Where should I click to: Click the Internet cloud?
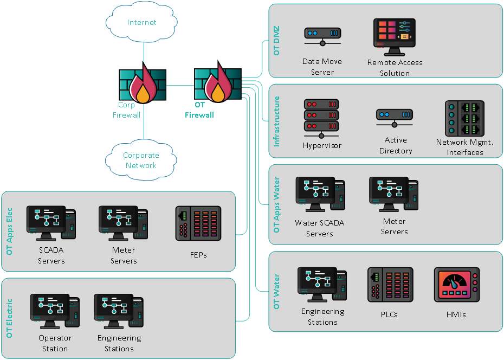point(141,22)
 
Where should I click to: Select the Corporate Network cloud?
point(141,160)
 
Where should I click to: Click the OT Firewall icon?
point(217,84)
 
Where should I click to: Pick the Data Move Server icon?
point(322,37)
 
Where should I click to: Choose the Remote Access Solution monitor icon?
point(394,37)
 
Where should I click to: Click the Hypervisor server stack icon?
point(321,118)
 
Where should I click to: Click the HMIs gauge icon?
point(456,285)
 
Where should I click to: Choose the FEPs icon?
point(198,223)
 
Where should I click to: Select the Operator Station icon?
point(55,311)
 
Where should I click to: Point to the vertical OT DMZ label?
point(277,41)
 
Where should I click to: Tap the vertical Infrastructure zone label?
point(277,121)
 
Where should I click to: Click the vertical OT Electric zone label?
point(9,318)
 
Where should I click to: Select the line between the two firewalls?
point(180,86)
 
